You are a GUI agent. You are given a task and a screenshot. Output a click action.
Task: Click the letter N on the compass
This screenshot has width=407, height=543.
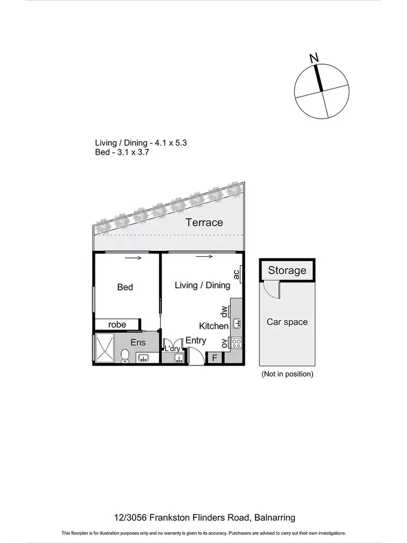(x=313, y=57)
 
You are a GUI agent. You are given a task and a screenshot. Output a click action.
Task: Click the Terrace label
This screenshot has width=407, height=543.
(x=204, y=222)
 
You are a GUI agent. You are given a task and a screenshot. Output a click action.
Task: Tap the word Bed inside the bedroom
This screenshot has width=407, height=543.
(x=125, y=287)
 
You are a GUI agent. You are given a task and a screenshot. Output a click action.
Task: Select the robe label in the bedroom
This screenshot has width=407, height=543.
(x=117, y=325)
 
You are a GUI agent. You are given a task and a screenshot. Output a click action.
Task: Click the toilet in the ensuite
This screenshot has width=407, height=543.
(x=124, y=356)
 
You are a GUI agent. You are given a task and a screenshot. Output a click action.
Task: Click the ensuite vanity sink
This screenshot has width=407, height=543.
(x=144, y=358)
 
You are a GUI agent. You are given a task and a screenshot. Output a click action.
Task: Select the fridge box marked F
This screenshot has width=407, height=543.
(x=215, y=358)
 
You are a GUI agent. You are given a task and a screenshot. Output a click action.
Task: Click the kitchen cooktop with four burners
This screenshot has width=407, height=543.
(x=237, y=343)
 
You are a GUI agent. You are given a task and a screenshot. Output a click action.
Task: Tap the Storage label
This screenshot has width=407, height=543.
(x=287, y=270)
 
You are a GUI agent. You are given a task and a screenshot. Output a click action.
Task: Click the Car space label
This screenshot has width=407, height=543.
(x=287, y=322)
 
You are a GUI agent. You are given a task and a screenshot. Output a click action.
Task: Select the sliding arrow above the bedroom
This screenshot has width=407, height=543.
(x=133, y=258)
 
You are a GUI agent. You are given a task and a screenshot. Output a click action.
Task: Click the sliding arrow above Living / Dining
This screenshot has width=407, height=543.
(x=204, y=257)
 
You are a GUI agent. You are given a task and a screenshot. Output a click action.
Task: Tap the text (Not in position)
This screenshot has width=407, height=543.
(x=287, y=374)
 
